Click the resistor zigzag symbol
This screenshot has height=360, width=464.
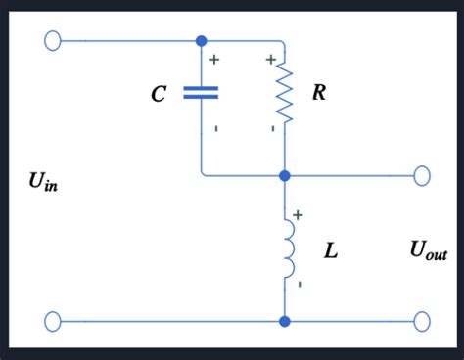[x=285, y=93]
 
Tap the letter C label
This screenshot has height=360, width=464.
[x=159, y=94]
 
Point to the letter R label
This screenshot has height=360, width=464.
[x=319, y=94]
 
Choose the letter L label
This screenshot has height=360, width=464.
[x=331, y=251]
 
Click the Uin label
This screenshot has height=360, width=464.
[x=44, y=182]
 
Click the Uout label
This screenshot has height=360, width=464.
[x=429, y=251]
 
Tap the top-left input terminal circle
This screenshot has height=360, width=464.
[x=53, y=41]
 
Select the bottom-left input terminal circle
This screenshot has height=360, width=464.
[x=53, y=320]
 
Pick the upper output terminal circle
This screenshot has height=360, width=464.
[x=422, y=175]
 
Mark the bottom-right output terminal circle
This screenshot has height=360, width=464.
[x=422, y=320]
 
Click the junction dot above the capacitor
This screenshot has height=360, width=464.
[x=201, y=41]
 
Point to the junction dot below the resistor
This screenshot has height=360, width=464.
[x=285, y=175]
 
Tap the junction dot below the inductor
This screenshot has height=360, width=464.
[x=285, y=320]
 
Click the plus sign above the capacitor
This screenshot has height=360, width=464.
[x=213, y=61]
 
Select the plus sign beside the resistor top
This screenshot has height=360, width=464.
[x=270, y=61]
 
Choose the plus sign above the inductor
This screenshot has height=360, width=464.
[x=298, y=213]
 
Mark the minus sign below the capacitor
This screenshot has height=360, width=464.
[x=214, y=128]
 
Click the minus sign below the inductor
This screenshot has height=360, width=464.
[x=299, y=284]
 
